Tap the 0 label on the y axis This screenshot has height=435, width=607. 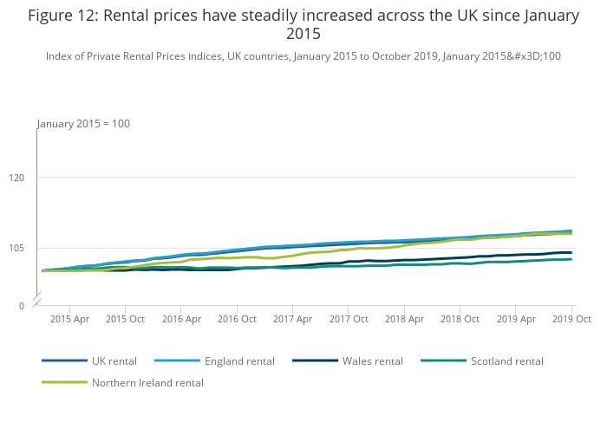[x=21, y=306]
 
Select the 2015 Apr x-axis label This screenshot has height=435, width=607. [x=69, y=319]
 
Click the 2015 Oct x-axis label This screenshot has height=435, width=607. [x=125, y=319]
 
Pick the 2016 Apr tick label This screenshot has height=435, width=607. [x=180, y=319]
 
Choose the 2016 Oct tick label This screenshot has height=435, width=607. [x=237, y=319]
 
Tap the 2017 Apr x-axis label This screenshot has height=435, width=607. [x=292, y=319]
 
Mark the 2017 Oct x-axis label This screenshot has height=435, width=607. [x=348, y=319]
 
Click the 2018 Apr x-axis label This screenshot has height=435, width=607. [x=404, y=319]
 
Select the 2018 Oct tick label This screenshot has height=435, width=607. [x=460, y=319]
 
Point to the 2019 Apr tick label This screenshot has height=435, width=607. [x=515, y=319]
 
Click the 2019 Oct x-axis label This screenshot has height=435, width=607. [x=571, y=319]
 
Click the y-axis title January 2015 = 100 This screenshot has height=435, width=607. [x=83, y=124]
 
